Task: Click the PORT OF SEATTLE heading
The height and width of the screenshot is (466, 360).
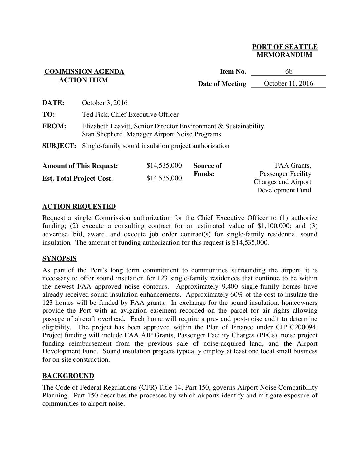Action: (285, 47)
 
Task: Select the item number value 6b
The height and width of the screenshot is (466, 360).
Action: (289, 72)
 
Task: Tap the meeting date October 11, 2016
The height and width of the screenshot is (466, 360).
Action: (288, 83)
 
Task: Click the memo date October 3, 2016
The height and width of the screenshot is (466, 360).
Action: (105, 103)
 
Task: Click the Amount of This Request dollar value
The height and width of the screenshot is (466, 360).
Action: (164, 165)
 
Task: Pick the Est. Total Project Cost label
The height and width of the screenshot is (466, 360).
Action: (78, 178)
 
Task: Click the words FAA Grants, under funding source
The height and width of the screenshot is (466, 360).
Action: (293, 165)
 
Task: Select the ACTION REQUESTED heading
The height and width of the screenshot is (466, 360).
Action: (79, 207)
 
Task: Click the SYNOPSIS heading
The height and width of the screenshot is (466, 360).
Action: (60, 259)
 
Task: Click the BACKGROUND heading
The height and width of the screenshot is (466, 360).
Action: (68, 376)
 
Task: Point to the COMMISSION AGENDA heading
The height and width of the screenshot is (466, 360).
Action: (84, 72)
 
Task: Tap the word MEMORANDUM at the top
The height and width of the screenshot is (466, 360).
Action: (285, 55)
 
